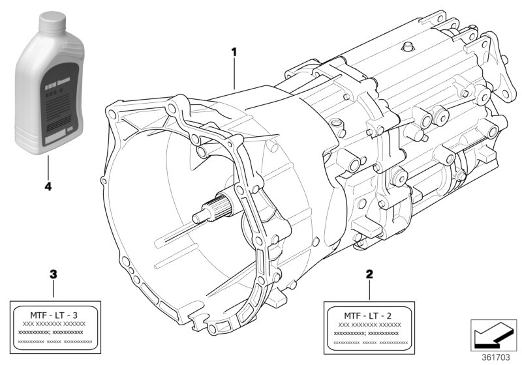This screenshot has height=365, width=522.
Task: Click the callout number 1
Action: point(234,50)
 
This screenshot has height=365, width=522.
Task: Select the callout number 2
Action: point(369,275)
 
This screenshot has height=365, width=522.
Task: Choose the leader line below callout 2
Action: point(369,290)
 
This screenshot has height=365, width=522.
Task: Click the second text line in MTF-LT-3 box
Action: point(54,324)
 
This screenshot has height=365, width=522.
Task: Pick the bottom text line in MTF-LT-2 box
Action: point(369,342)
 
